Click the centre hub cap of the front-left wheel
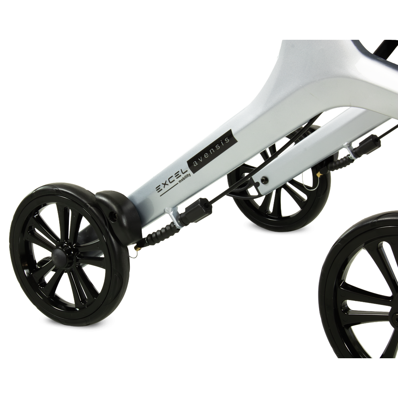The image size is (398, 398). click(x=59, y=254)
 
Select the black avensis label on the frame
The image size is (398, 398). click(x=209, y=152)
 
